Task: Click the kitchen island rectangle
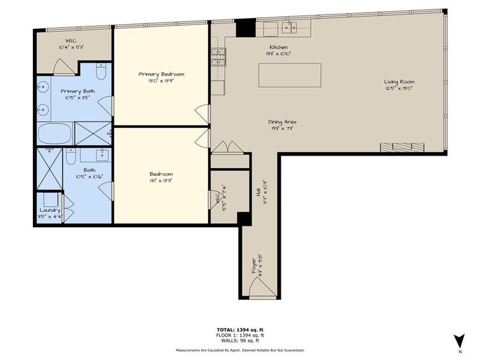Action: click(x=290, y=76)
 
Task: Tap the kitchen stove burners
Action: click(x=217, y=56)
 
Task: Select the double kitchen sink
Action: click(x=283, y=26)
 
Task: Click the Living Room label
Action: click(x=400, y=82)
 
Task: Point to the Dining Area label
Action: click(x=282, y=122)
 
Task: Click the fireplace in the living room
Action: click(x=404, y=148)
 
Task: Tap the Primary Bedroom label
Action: click(x=161, y=74)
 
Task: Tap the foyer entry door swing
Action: click(x=262, y=287)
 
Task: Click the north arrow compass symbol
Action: click(x=459, y=340)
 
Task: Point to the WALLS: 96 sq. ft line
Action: click(x=240, y=341)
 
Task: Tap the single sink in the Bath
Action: click(x=95, y=155)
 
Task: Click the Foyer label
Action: click(x=254, y=263)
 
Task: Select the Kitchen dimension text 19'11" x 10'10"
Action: click(x=278, y=53)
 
